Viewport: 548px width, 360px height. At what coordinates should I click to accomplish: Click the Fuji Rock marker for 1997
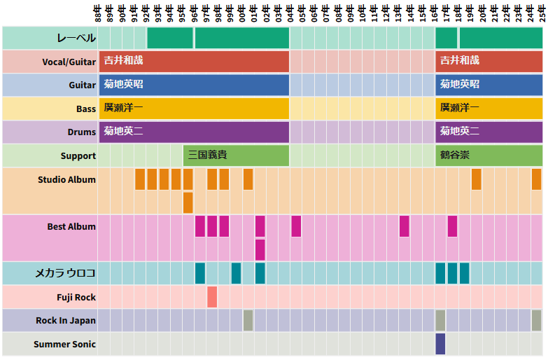pos(212,297)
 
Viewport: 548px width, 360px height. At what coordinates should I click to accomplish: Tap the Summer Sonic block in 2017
pos(440,344)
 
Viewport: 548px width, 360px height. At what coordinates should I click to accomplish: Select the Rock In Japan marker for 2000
pos(248,320)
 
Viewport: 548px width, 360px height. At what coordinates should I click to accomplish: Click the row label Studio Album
pos(66,180)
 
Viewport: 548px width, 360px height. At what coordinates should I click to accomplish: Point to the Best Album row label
pos(71,227)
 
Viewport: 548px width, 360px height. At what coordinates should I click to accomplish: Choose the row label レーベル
pos(76,38)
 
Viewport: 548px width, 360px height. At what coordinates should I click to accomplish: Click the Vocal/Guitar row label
pos(69,62)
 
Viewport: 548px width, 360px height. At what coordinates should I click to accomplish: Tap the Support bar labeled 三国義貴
pos(236,155)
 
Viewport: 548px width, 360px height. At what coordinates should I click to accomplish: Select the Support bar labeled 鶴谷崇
pos(489,155)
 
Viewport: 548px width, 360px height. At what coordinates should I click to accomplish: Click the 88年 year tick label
pos(99,14)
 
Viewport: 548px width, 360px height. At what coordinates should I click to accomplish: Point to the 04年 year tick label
pos(290,14)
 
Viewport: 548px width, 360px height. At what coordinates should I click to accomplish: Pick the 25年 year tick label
pos(542,14)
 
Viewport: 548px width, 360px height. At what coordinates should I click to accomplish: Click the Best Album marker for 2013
pos(404,226)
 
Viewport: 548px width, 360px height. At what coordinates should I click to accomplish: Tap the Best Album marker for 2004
pos(296,226)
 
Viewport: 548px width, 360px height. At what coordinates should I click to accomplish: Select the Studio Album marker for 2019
pos(476,179)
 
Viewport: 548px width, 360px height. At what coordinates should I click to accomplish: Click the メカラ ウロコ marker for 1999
pos(236,272)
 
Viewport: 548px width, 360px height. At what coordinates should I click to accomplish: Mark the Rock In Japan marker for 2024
pos(536,320)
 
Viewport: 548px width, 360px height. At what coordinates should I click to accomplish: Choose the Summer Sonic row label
pos(64,344)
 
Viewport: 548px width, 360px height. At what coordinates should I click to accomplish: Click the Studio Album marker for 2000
pos(248,179)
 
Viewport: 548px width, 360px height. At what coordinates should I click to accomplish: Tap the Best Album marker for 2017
pos(452,226)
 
